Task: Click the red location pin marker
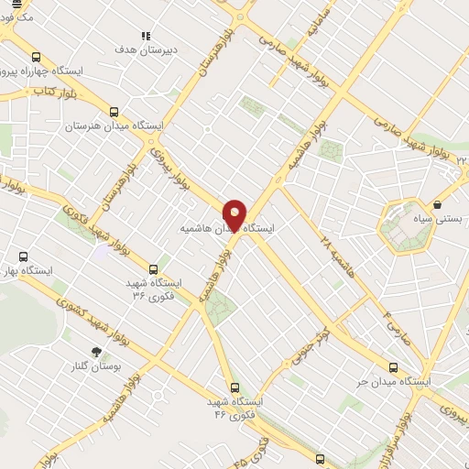tap(235, 214)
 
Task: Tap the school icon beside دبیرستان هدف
tap(145, 36)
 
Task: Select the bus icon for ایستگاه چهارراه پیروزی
tap(36, 57)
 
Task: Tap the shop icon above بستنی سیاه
tap(441, 204)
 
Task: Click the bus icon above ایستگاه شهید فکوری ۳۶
tap(153, 269)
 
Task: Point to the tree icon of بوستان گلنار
tap(95, 351)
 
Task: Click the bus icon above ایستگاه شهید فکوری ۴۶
tap(235, 388)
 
